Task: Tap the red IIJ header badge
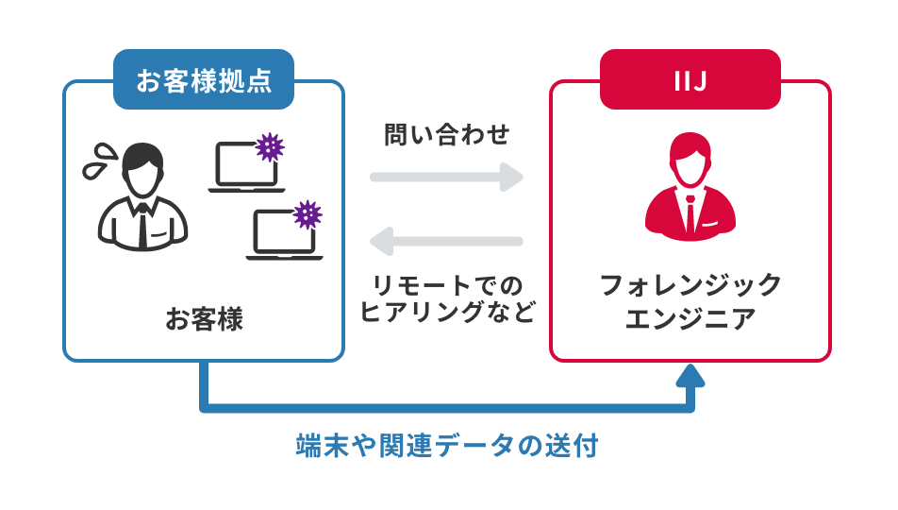[x=690, y=79]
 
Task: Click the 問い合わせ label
[x=446, y=135]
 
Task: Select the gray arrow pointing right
[x=446, y=177]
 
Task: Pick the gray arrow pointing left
[x=446, y=241]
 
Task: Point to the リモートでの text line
[x=446, y=285]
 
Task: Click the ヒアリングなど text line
[x=446, y=313]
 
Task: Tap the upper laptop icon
[x=243, y=167]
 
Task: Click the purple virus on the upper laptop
[x=271, y=145]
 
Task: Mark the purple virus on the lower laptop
[x=308, y=214]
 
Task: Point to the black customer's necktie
[x=142, y=223]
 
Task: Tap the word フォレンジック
[x=690, y=285]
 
